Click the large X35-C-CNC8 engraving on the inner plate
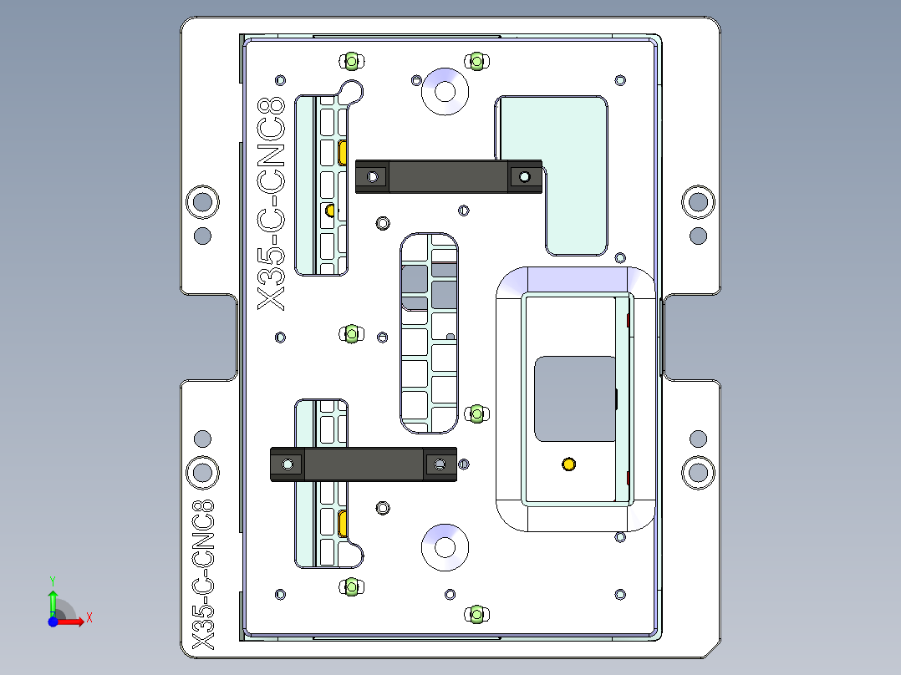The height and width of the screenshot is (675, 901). coord(272,203)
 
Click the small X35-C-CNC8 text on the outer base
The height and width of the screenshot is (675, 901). coord(203,575)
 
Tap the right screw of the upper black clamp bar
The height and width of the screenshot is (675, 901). coord(525,177)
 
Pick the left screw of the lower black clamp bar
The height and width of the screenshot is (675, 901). coord(288,464)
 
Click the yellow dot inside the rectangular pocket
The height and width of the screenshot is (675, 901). coord(569,464)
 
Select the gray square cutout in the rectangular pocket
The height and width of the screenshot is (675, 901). coord(575,398)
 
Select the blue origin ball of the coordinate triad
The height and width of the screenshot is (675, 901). coord(53,621)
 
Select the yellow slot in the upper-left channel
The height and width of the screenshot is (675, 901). coord(344,151)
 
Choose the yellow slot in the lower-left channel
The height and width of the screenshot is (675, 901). coord(344,524)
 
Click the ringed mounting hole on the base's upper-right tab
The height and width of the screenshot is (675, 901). coord(697,201)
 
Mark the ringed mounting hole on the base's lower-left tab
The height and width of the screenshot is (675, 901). coord(202,472)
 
